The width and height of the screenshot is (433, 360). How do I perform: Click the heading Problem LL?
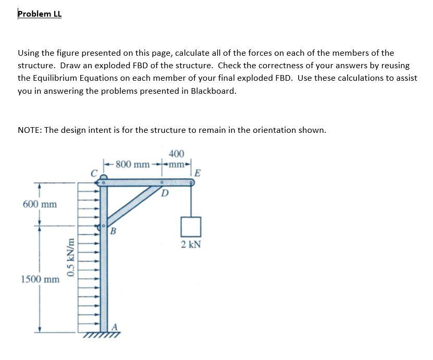point(40,14)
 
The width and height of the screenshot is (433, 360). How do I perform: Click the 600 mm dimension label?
point(40,204)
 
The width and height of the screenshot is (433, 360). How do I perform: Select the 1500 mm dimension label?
point(40,279)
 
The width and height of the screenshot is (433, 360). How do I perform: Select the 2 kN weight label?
point(191,244)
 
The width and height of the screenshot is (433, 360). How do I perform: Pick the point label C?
point(94,173)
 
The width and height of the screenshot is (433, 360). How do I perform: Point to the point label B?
point(113,231)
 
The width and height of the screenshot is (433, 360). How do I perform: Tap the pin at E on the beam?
point(191,182)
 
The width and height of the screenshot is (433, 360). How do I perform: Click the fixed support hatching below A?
point(104,334)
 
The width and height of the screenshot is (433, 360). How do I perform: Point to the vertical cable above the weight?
point(191,201)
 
